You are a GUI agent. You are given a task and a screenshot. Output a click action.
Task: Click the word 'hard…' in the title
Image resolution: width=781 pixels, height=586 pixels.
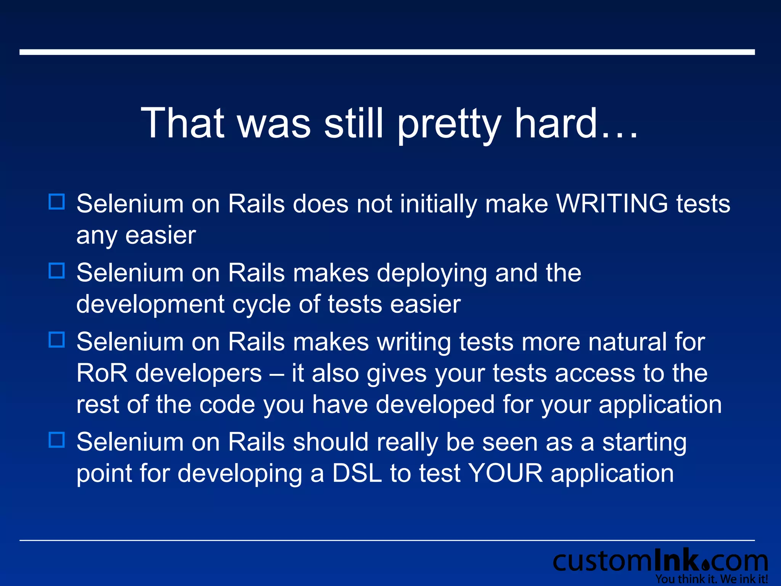tap(576, 123)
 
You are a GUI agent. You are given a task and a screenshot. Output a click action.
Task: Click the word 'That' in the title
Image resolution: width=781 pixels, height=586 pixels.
tap(182, 123)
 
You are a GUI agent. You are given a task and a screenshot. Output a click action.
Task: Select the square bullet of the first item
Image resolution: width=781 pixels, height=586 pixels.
tap(57, 201)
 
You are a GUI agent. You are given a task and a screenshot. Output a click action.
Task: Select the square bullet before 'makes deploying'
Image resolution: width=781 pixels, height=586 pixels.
tap(57, 270)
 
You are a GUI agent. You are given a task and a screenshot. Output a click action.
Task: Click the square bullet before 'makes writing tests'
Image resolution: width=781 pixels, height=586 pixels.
tap(57, 339)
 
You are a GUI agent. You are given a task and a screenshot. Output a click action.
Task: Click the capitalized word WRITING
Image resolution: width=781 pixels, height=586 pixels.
tap(612, 203)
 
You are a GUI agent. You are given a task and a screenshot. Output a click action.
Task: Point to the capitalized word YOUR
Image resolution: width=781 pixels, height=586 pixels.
tap(505, 473)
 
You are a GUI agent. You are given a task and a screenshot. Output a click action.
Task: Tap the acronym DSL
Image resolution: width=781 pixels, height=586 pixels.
tap(357, 473)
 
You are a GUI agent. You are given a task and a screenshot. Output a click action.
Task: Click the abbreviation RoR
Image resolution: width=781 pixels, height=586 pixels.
tap(102, 373)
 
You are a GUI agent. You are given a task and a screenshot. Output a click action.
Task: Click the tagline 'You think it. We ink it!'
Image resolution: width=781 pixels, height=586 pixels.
tap(712, 579)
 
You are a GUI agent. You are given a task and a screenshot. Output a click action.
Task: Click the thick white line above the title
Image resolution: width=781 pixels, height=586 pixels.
tap(387, 52)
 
